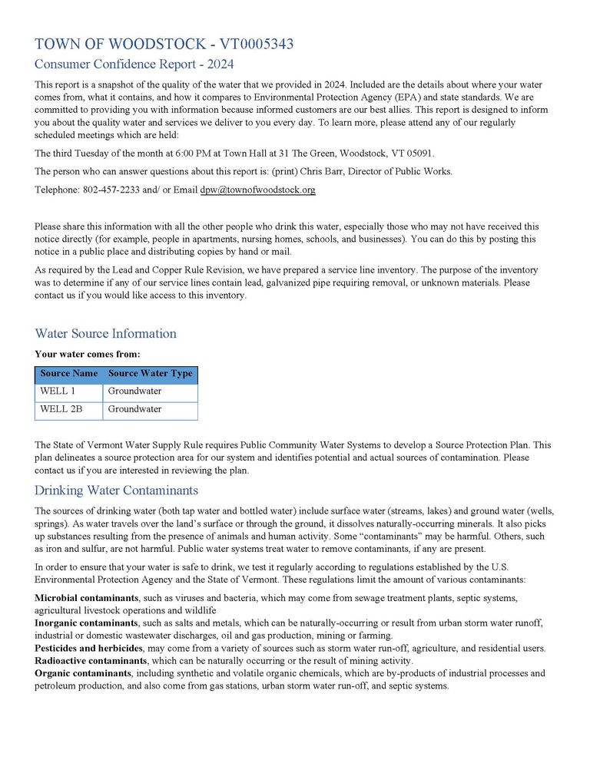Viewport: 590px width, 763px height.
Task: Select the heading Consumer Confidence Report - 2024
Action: click(x=134, y=64)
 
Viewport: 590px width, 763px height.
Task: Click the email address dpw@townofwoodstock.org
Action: click(x=258, y=190)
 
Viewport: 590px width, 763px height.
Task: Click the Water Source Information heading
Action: click(x=105, y=333)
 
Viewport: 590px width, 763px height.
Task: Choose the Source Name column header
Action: click(x=69, y=374)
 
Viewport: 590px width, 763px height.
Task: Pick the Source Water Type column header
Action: click(x=151, y=374)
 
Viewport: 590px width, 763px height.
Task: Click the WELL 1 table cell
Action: click(x=58, y=391)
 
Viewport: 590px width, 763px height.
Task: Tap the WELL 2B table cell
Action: click(x=61, y=409)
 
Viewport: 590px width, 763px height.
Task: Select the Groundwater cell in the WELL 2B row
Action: click(x=134, y=409)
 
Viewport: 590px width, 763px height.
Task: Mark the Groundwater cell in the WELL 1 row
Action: click(x=134, y=391)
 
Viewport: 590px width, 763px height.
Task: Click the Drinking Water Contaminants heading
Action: click(x=116, y=490)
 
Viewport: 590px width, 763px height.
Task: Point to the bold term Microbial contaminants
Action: click(x=86, y=598)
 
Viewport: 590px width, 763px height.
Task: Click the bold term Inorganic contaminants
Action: click(x=86, y=623)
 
